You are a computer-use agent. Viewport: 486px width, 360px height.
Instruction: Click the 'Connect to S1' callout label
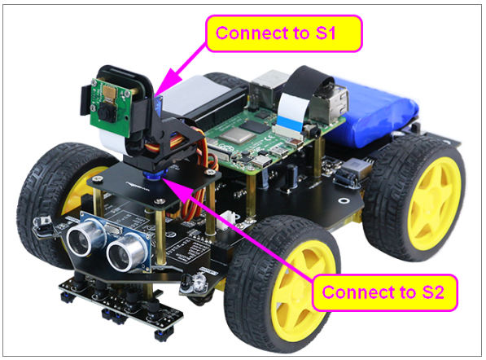click(x=284, y=33)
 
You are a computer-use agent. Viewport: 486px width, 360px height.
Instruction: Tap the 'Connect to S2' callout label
click(x=384, y=292)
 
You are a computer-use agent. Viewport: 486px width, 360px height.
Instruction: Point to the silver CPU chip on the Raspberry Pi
click(x=232, y=136)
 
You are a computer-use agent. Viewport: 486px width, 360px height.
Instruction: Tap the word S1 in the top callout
click(x=326, y=33)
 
